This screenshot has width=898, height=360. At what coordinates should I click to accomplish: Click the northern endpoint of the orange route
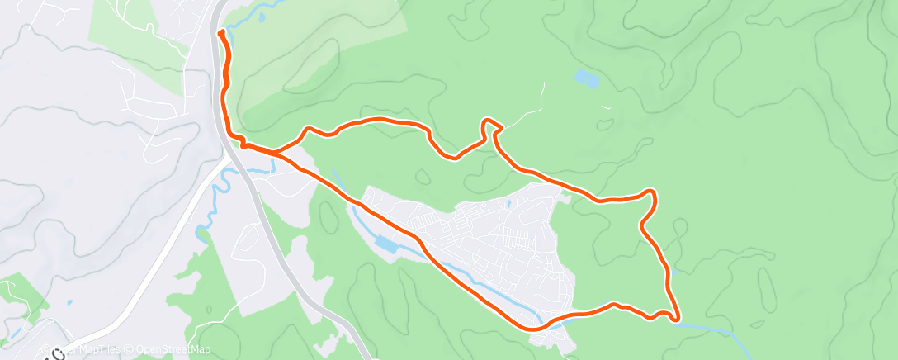[221, 33]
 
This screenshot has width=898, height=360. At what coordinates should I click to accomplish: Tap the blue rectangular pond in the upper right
[587, 79]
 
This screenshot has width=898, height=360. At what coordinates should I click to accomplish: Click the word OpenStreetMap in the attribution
[173, 349]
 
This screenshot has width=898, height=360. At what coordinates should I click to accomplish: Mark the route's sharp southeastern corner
[676, 317]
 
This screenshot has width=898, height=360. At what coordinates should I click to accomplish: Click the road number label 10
[51, 353]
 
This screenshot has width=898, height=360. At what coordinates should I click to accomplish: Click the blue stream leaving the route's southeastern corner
[710, 327]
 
